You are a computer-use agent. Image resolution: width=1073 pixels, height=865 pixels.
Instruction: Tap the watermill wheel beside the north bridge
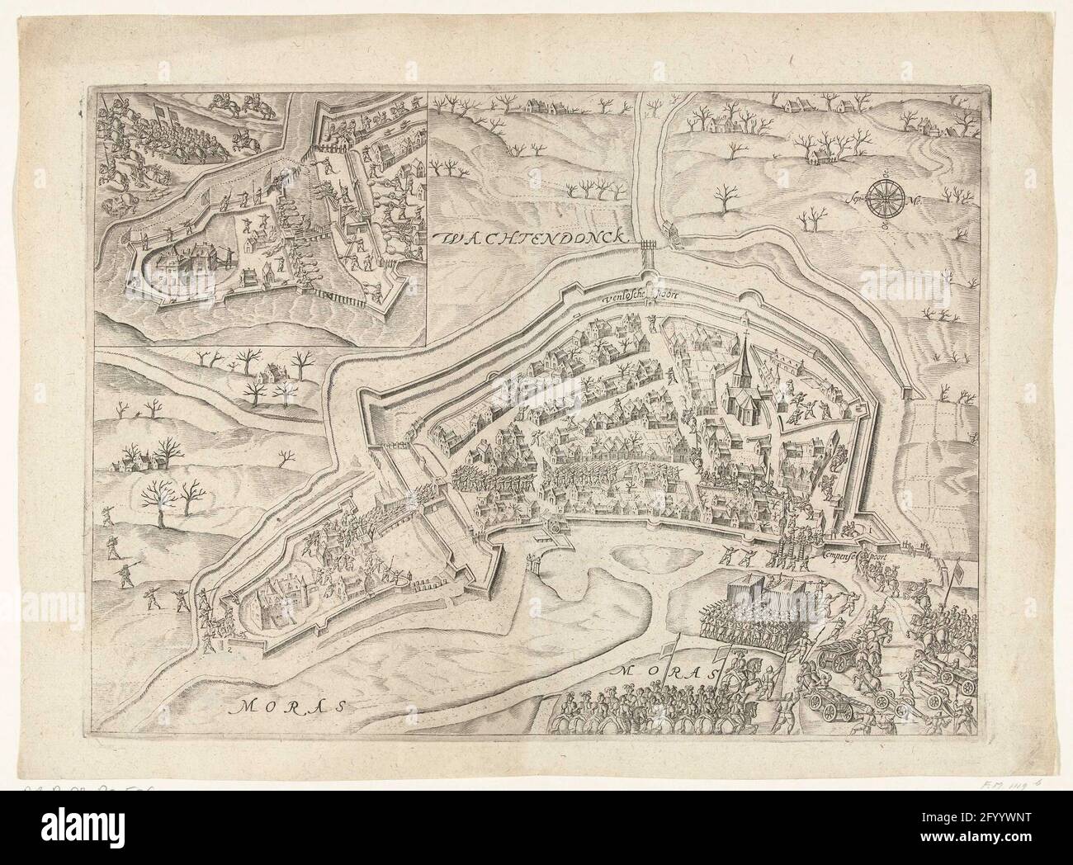tap(672, 236)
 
